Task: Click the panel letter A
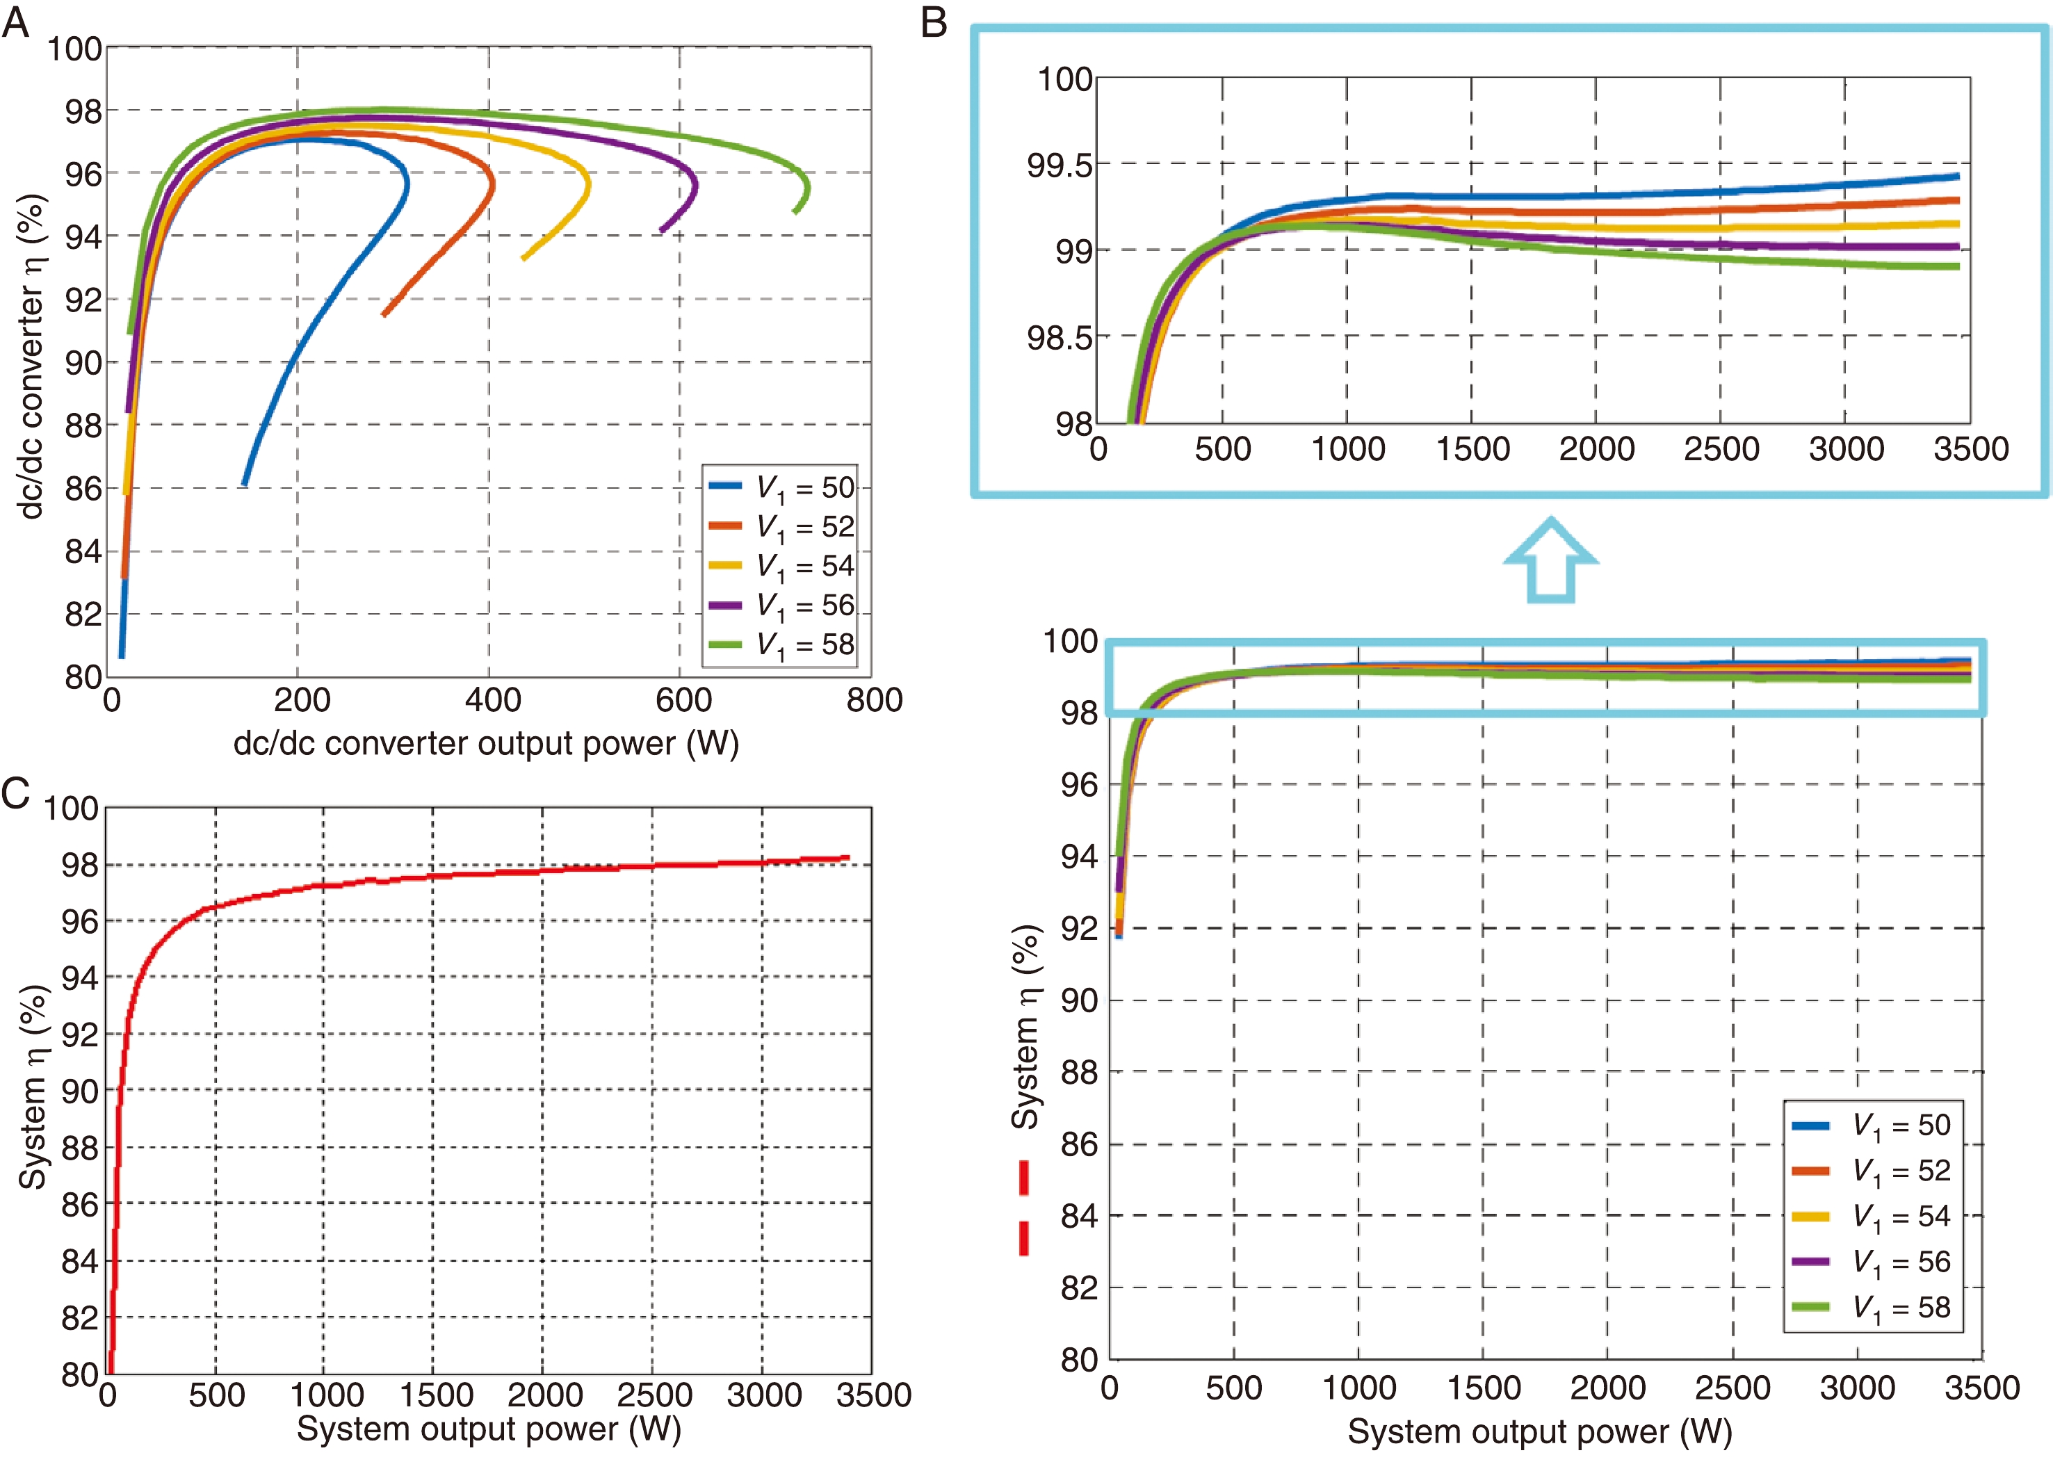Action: click(x=15, y=22)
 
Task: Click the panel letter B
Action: click(x=934, y=22)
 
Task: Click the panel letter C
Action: click(x=15, y=794)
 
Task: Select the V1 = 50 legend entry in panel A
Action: click(x=780, y=487)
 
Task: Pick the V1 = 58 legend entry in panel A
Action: click(x=780, y=644)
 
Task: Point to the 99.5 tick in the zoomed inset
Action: click(x=1057, y=165)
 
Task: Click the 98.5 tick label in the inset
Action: click(x=1057, y=339)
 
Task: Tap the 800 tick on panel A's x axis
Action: click(x=873, y=700)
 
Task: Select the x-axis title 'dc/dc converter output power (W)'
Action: click(x=486, y=744)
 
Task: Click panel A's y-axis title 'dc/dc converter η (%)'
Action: click(x=31, y=357)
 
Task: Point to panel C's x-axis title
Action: click(x=489, y=1429)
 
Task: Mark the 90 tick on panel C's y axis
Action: click(x=79, y=1091)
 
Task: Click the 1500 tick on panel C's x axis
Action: click(x=436, y=1395)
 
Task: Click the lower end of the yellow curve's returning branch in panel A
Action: click(x=523, y=259)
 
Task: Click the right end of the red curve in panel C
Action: click(x=847, y=857)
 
